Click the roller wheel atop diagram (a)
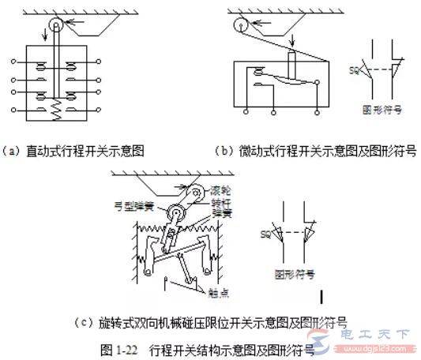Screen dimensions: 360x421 55,27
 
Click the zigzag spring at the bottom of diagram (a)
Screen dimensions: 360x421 55,113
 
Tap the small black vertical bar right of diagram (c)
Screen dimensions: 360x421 346,297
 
